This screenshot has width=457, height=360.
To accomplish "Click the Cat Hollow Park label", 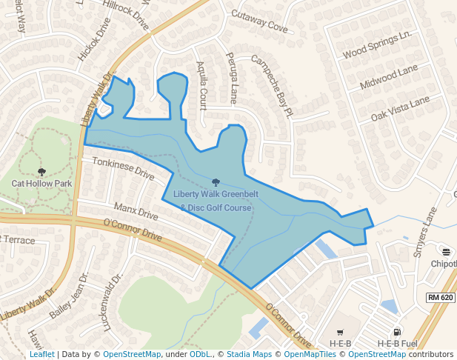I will coord(41,182).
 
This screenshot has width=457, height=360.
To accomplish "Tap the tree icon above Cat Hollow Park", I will coord(41,172).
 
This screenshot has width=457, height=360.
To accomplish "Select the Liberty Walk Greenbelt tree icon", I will coord(216,182).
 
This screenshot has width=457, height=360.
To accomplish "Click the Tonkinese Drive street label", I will coord(121,170).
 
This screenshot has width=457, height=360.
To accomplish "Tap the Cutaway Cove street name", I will coord(259,21).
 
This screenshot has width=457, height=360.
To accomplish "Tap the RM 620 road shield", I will coord(440,297).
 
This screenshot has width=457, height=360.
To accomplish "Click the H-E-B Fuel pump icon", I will coord(398,333).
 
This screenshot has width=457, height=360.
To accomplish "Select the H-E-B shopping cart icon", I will coord(340,333).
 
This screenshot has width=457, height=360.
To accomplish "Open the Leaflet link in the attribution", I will coord(41,354).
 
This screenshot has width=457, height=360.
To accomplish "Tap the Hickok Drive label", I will coord(93,45).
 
